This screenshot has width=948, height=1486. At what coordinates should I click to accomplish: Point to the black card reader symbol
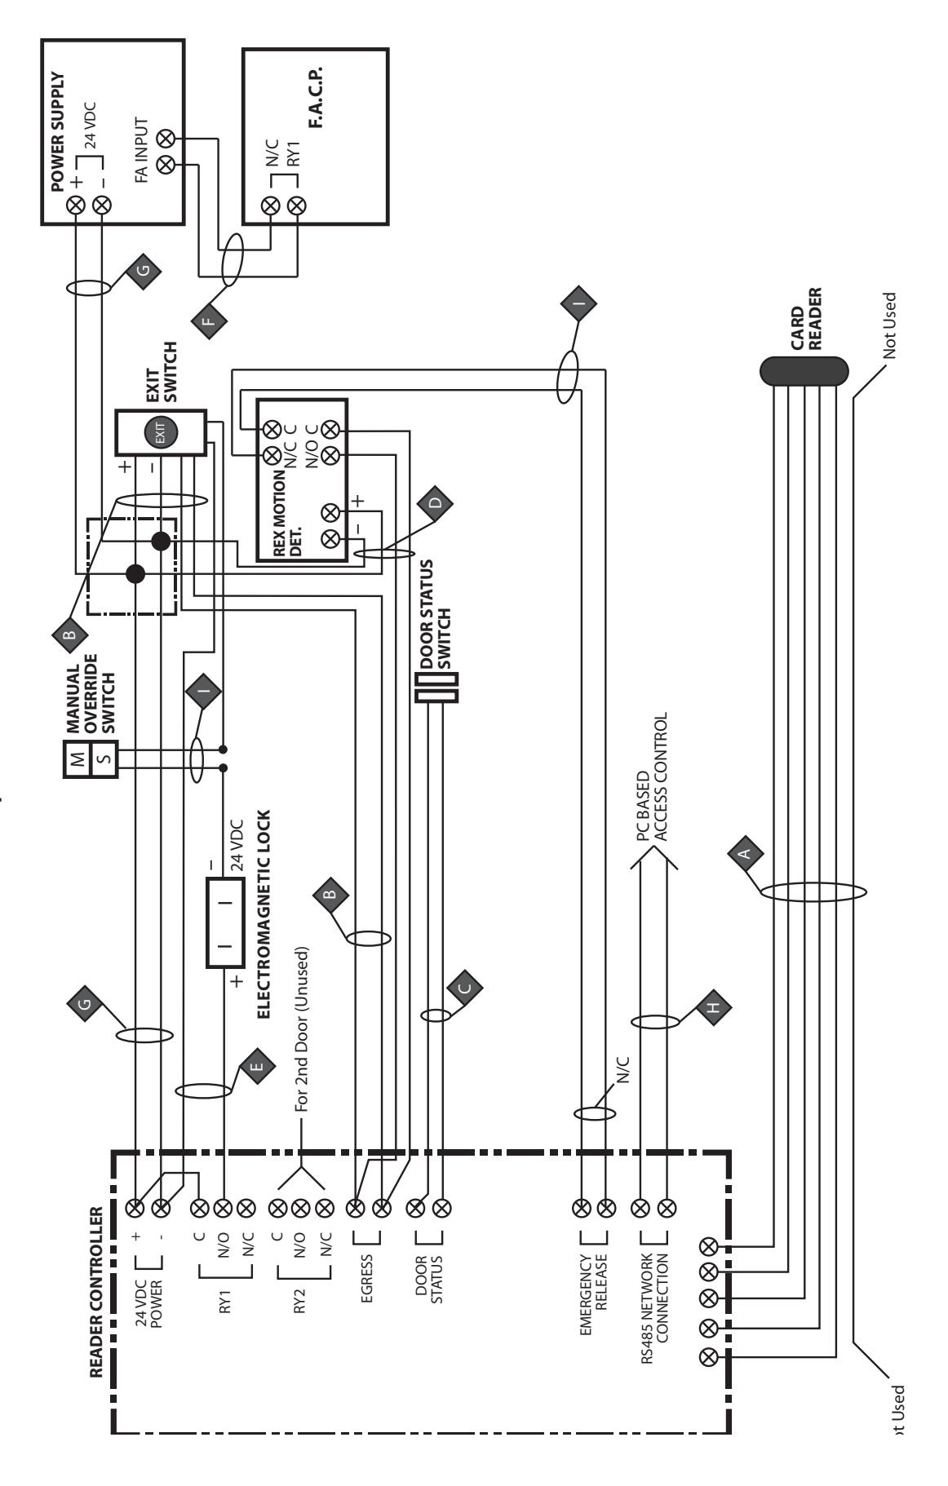[x=804, y=372]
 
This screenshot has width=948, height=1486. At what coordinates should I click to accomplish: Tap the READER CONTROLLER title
[x=95, y=1281]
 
